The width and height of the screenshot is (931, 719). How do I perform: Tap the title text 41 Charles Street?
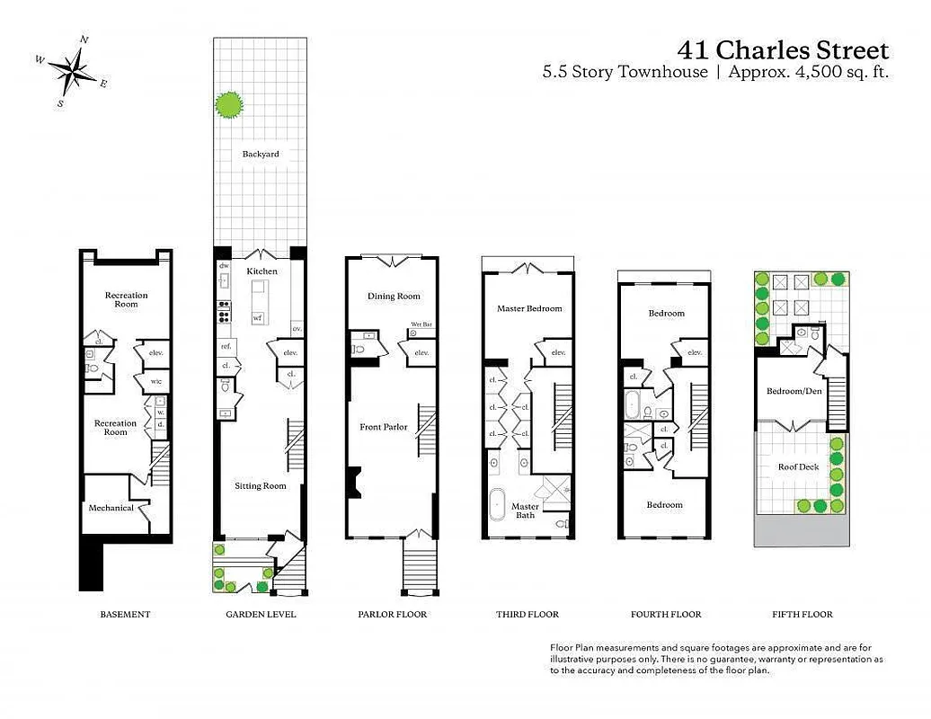[783, 49]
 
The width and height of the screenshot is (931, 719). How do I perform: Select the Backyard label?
[261, 154]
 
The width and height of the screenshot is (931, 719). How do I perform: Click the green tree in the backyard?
[230, 105]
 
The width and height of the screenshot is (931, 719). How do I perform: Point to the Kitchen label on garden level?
[262, 271]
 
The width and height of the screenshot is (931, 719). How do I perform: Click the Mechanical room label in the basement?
[111, 508]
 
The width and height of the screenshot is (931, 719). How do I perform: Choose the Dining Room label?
[394, 296]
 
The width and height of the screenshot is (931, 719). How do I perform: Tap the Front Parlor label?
[384, 427]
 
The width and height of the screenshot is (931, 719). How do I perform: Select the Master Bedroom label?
[529, 308]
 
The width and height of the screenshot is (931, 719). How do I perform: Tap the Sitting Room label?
[261, 485]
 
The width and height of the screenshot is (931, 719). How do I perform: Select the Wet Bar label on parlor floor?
[421, 324]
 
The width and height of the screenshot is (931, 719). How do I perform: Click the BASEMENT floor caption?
[125, 615]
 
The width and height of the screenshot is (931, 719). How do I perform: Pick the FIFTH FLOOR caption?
[802, 615]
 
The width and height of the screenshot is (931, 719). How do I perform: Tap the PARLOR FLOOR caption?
[393, 615]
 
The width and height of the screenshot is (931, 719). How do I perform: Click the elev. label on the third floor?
[557, 352]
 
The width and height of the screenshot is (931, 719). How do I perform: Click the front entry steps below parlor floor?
[421, 567]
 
